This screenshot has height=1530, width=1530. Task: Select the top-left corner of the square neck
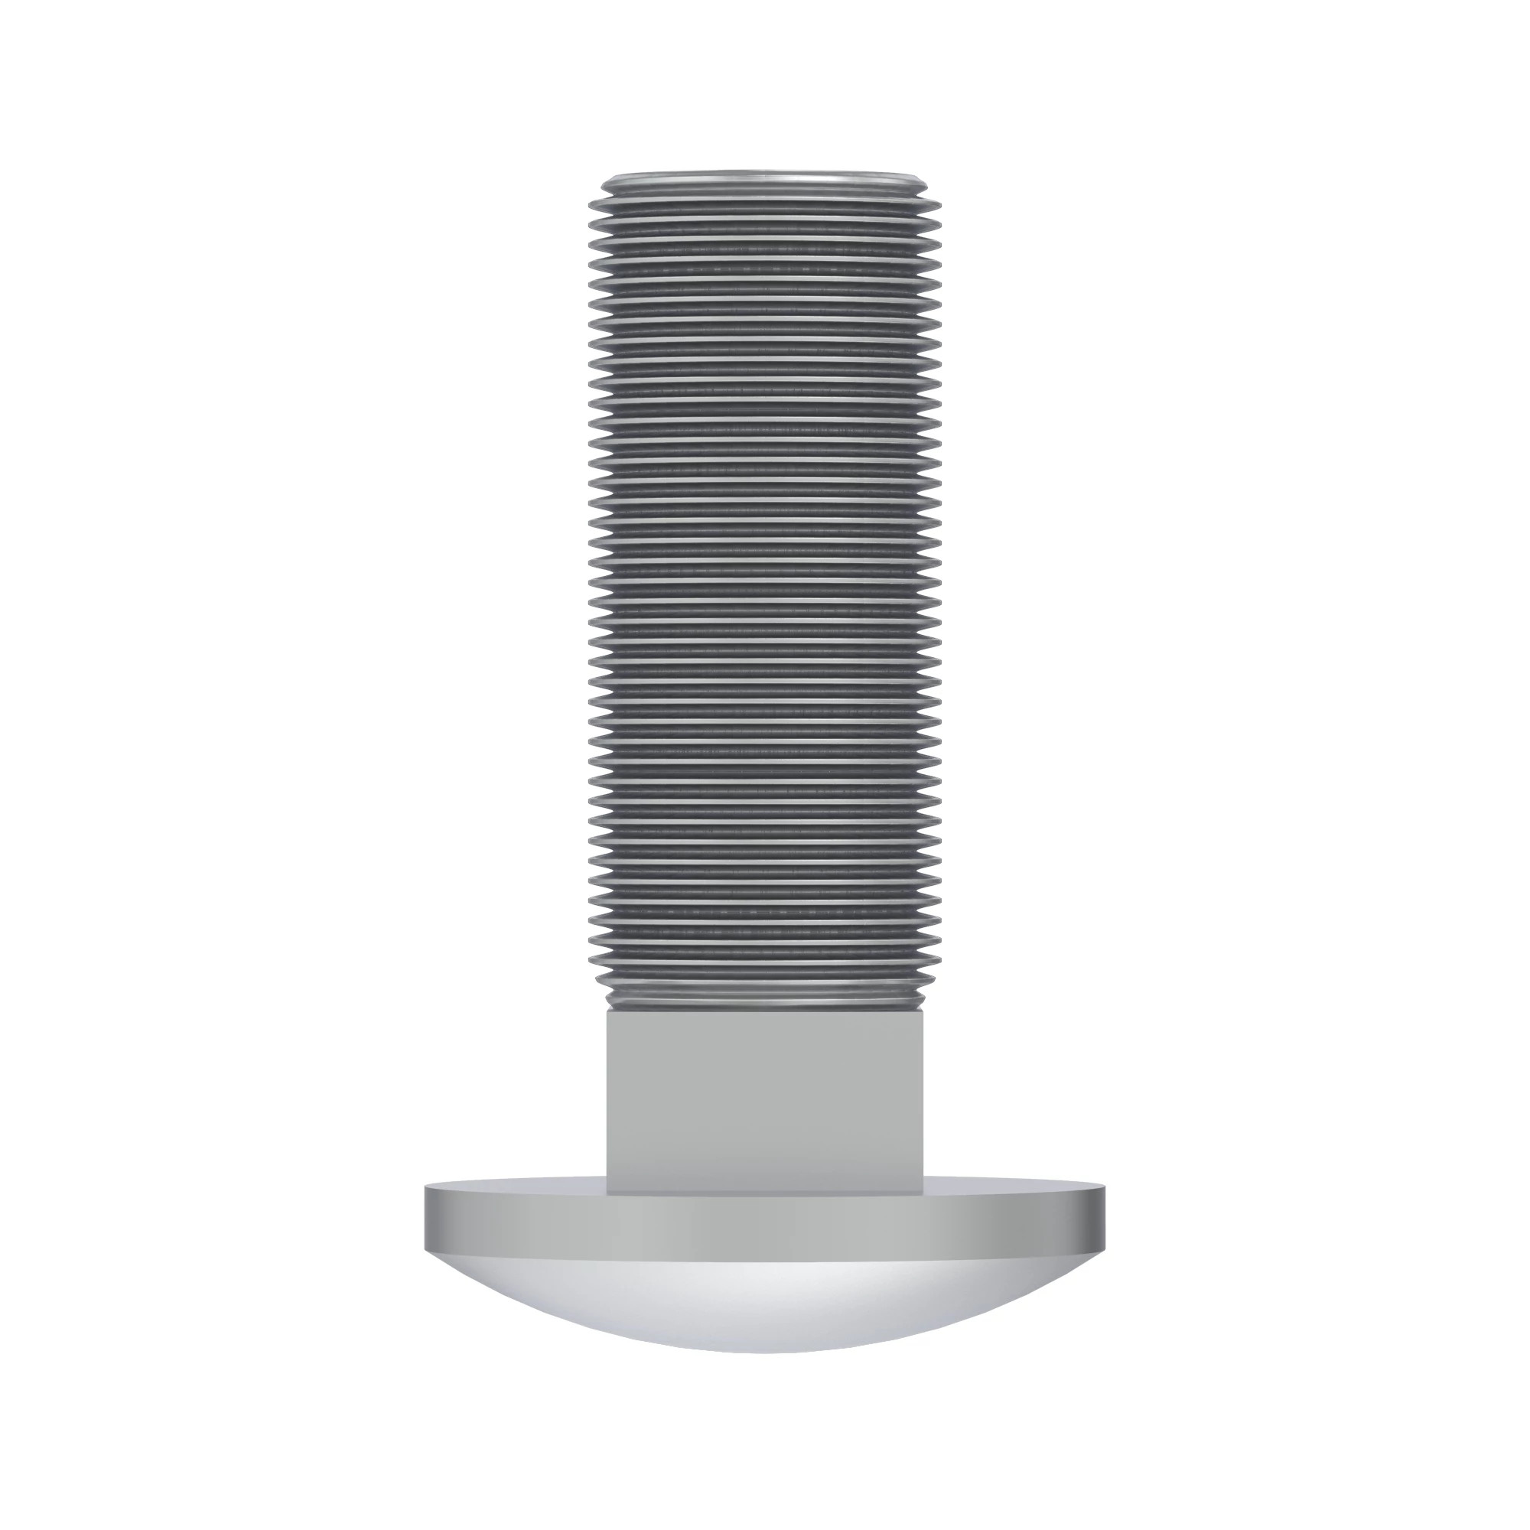[x=607, y=1011]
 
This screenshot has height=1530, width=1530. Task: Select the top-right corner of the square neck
[x=924, y=1011]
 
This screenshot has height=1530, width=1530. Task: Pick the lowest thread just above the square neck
[x=765, y=999]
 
